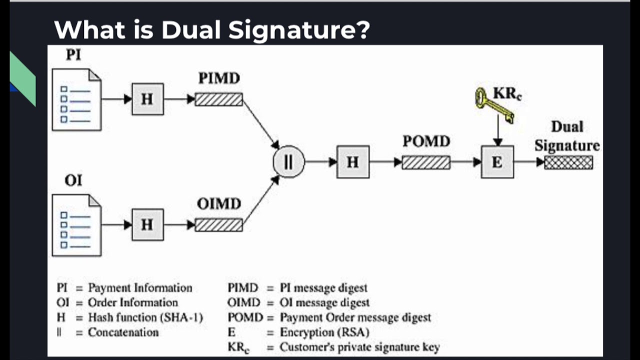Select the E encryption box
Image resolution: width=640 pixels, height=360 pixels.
pyautogui.click(x=497, y=162)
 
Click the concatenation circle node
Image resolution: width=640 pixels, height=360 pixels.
pyautogui.click(x=288, y=162)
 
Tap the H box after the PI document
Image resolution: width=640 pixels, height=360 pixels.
pyautogui.click(x=147, y=99)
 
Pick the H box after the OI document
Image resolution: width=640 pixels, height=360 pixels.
pyautogui.click(x=147, y=225)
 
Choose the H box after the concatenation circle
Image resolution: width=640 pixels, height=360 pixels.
pyautogui.click(x=353, y=162)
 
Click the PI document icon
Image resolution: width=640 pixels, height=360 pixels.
pyautogui.click(x=76, y=99)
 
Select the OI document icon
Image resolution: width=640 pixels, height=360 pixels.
pyautogui.click(x=76, y=225)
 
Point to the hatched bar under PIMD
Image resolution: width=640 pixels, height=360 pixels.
pyautogui.click(x=218, y=99)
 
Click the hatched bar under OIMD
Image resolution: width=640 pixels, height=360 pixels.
pyautogui.click(x=218, y=225)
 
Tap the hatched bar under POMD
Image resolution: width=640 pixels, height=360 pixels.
pyautogui.click(x=426, y=162)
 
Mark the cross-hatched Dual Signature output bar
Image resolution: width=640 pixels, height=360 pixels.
pyautogui.click(x=568, y=162)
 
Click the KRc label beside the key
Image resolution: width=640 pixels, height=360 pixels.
pyautogui.click(x=507, y=93)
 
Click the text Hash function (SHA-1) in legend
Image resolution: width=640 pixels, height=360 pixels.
pyautogui.click(x=145, y=317)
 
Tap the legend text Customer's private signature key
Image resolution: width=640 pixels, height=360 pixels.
pyautogui.click(x=359, y=347)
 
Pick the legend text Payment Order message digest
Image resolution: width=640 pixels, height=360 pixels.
pyautogui.click(x=355, y=317)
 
